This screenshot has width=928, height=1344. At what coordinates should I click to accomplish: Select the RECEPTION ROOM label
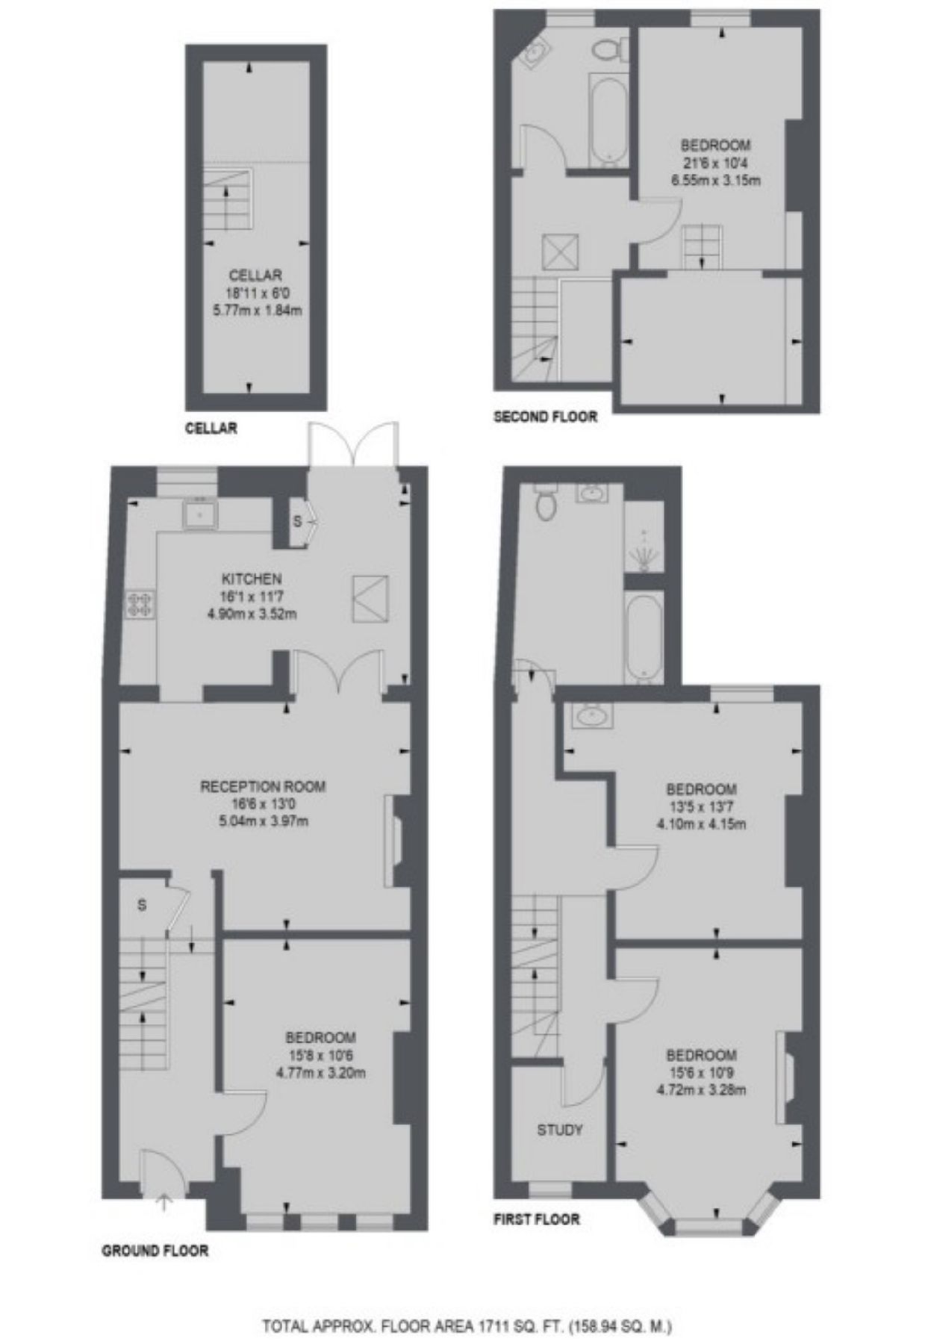tap(263, 786)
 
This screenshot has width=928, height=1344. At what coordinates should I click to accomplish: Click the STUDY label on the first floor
tap(559, 1130)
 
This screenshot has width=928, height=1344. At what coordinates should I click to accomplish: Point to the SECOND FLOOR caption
tap(546, 417)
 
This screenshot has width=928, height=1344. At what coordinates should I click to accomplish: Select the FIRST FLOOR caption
tap(536, 1219)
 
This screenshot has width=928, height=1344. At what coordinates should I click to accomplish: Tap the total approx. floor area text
tap(467, 1306)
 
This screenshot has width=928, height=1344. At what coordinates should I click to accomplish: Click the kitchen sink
tap(200, 513)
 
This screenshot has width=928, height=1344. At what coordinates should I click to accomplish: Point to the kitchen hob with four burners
tap(140, 603)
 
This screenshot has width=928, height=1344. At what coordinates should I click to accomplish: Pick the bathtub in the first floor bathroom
tap(643, 638)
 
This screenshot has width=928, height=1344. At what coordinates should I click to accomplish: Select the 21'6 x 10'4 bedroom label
tap(715, 162)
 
